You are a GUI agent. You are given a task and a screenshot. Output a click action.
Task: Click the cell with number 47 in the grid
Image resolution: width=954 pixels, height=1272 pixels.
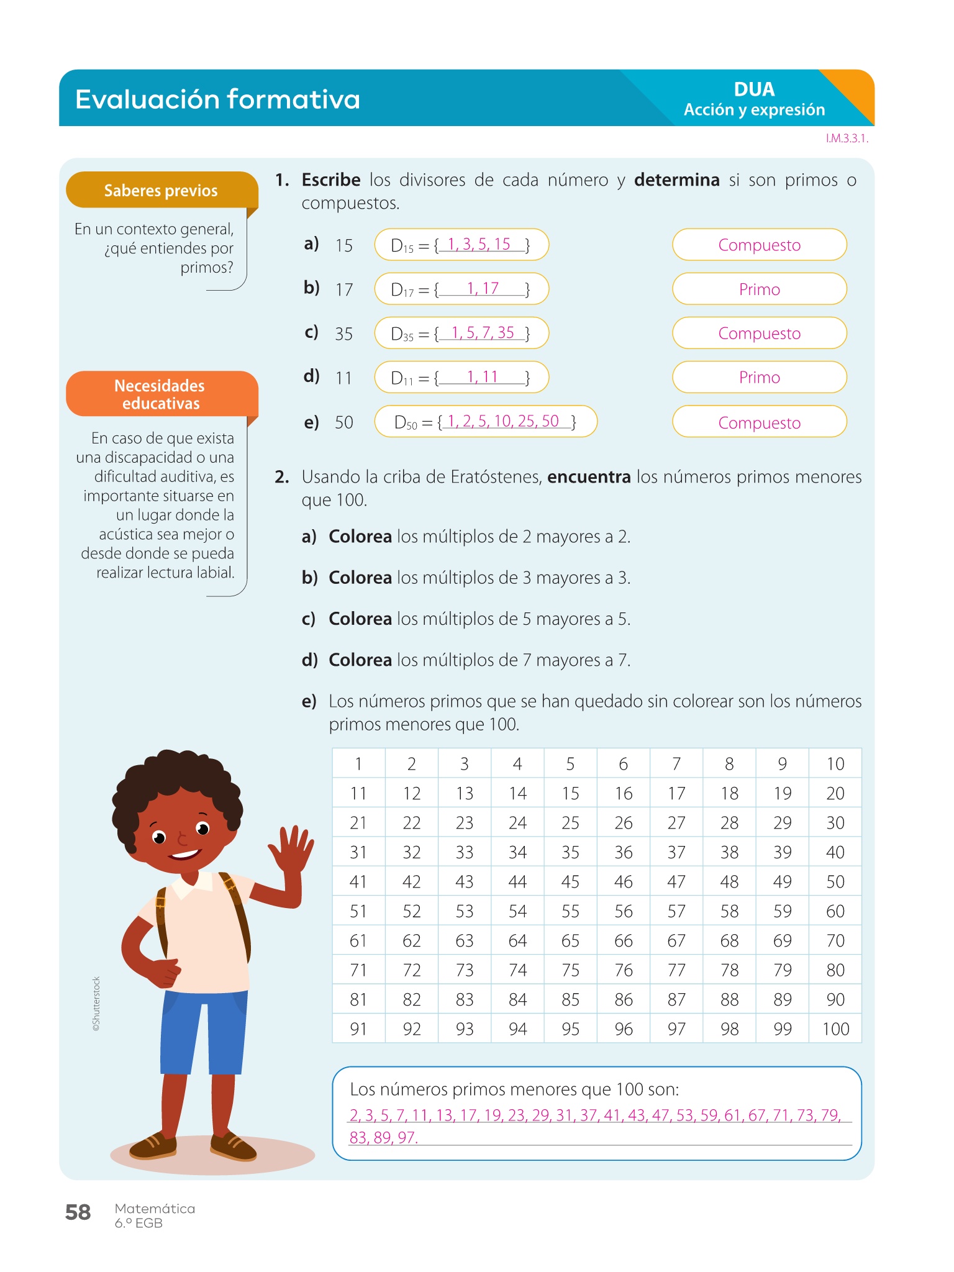[x=676, y=881]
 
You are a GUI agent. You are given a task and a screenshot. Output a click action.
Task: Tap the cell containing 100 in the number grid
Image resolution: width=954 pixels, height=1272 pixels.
[x=835, y=1029]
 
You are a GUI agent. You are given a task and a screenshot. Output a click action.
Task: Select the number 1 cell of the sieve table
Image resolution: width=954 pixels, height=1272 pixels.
[x=358, y=763]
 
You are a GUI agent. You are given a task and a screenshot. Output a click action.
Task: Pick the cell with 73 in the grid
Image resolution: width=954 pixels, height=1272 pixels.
[x=464, y=970]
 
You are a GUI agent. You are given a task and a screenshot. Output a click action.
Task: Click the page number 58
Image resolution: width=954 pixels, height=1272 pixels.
[x=78, y=1212]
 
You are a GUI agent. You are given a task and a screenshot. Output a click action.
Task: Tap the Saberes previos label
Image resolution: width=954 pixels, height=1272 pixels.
[x=161, y=190]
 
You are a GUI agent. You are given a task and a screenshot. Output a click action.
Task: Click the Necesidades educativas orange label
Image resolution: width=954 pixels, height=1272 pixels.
[x=161, y=394]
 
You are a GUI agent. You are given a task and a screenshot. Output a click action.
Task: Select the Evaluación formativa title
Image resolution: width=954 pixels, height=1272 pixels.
[x=217, y=99]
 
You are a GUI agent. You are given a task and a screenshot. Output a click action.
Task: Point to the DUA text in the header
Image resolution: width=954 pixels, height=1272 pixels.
[x=754, y=89]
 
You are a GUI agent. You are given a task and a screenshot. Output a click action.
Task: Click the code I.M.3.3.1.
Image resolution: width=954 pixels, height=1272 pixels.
[x=847, y=139]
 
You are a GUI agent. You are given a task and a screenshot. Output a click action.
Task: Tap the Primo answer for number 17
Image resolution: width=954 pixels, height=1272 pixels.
[x=759, y=289]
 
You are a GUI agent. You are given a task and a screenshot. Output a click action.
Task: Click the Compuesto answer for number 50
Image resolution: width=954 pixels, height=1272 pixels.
[x=759, y=422]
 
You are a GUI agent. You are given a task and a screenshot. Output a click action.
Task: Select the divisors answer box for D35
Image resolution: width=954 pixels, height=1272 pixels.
[x=461, y=334]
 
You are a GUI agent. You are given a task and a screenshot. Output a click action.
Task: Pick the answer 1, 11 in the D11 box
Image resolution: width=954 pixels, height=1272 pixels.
[x=483, y=376]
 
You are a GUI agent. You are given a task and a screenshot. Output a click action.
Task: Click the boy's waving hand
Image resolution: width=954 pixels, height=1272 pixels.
[x=291, y=851]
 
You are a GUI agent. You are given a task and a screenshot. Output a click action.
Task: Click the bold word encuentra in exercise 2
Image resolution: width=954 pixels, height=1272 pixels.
[x=588, y=477]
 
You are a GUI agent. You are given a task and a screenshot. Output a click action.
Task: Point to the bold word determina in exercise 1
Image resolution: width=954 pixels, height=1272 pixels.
[x=676, y=180]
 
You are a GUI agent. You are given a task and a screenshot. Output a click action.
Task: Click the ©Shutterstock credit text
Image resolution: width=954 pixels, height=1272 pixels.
[x=96, y=1004]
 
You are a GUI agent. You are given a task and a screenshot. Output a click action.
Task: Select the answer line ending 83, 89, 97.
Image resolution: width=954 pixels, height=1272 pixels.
[x=383, y=1137]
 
